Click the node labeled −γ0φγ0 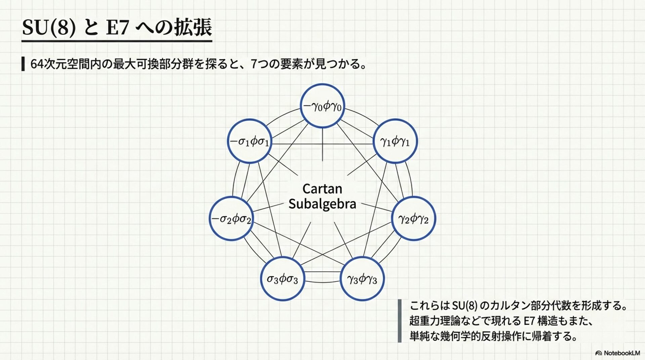pos(322,106)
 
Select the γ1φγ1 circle pos(395,141)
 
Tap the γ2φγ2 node pos(414,219)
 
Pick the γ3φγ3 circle pos(362,279)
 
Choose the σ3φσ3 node pos(282,279)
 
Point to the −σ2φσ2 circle pos(231,219)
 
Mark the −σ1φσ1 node pos(249,141)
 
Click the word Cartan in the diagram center pos(322,189)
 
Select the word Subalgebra pos(322,204)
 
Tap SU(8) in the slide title pos(48,27)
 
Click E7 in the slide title pos(117,28)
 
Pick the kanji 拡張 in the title pos(193,27)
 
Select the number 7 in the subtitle pos(254,64)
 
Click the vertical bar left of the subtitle pos(23,64)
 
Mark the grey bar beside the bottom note pos(399,321)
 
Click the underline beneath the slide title pos(117,41)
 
